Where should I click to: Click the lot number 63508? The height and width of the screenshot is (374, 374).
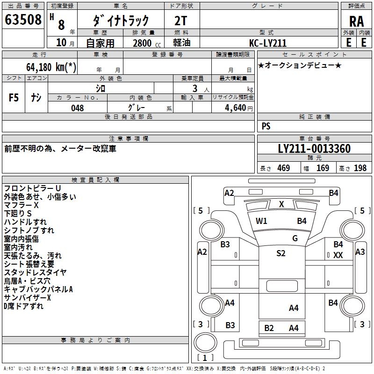point(23,20)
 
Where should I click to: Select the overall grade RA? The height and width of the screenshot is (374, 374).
point(356,21)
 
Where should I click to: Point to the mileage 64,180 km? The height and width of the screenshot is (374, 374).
point(51,67)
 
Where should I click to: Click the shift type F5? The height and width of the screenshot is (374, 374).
point(14,98)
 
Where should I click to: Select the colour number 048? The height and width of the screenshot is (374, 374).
point(78,108)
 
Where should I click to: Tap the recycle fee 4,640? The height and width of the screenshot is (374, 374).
point(232,108)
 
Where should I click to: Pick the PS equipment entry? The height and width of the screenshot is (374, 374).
point(266,126)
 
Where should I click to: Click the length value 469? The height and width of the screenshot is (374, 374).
point(283,168)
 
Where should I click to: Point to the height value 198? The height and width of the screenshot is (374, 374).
point(360,168)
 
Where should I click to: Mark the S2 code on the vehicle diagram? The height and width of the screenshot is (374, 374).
point(280,253)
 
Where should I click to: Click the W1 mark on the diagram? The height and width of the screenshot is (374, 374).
point(261,221)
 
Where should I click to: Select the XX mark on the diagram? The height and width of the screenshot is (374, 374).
point(338,255)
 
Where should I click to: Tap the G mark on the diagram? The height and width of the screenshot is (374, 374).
point(295,238)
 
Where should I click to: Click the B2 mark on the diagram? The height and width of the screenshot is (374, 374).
point(269,328)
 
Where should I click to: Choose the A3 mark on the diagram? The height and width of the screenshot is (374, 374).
point(360,252)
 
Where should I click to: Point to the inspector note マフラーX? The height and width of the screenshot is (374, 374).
point(22,205)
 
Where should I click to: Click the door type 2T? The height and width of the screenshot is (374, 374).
point(181,20)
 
